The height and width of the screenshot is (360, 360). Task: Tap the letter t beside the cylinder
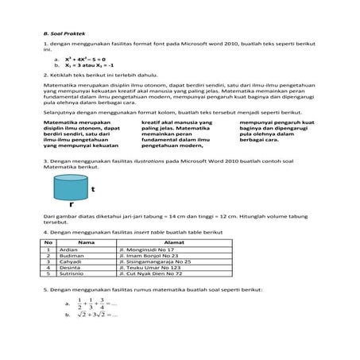click(93, 190)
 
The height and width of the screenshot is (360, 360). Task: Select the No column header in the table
click(48, 241)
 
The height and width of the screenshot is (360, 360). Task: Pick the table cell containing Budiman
click(71, 254)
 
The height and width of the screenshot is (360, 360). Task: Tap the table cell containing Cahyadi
click(71, 261)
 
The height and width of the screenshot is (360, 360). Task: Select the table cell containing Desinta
click(70, 267)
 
